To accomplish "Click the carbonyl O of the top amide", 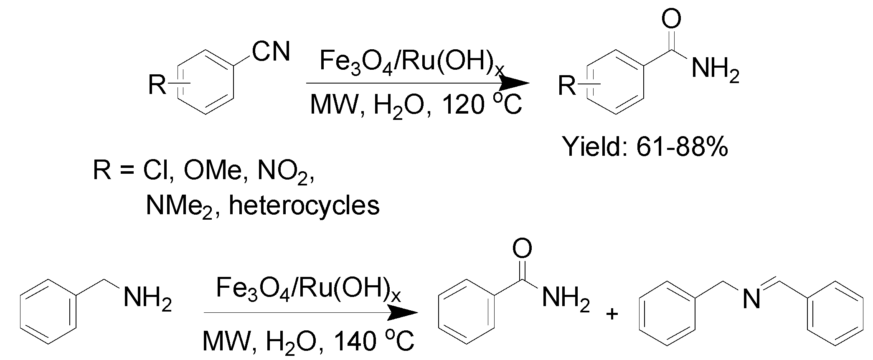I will coord(671,19).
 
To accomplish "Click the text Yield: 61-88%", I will coord(645,147).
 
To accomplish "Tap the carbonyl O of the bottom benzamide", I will coord(522,249).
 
